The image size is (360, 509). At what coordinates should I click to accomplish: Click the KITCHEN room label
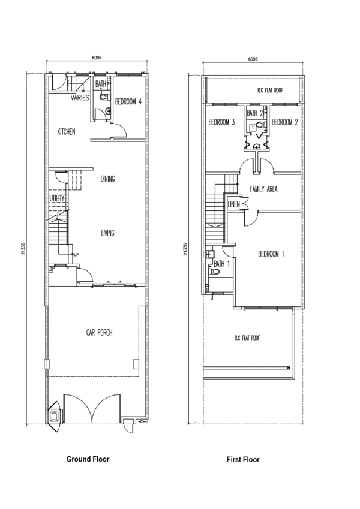pyautogui.click(x=66, y=131)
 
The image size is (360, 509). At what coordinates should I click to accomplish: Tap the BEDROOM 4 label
pyautogui.click(x=128, y=101)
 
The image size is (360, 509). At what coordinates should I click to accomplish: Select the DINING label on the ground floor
pyautogui.click(x=107, y=179)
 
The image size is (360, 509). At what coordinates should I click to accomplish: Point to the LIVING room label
pyautogui.click(x=107, y=233)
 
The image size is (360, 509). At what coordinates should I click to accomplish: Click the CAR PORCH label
pyautogui.click(x=100, y=333)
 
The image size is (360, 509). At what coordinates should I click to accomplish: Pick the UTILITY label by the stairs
pyautogui.click(x=57, y=198)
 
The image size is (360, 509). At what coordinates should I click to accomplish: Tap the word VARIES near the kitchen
pyautogui.click(x=80, y=98)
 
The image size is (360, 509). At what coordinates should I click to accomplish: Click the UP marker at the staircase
pyautogui.click(x=76, y=254)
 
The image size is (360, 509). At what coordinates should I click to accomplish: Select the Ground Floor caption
pyautogui.click(x=88, y=459)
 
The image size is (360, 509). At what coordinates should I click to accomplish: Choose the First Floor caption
pyautogui.click(x=243, y=460)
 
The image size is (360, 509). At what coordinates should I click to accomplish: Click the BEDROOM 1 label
pyautogui.click(x=271, y=254)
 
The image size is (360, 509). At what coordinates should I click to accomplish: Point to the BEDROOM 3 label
pyautogui.click(x=221, y=122)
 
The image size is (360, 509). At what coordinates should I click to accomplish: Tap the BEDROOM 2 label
pyautogui.click(x=284, y=122)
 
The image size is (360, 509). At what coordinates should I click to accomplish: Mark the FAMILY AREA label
pyautogui.click(x=264, y=189)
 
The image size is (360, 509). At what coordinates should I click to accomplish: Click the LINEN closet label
pyautogui.click(x=233, y=204)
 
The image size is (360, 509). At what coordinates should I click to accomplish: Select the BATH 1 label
pyautogui.click(x=221, y=264)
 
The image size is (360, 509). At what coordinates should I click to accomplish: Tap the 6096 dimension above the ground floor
pyautogui.click(x=97, y=58)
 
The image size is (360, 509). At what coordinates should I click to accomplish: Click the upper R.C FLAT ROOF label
pyautogui.click(x=270, y=91)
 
